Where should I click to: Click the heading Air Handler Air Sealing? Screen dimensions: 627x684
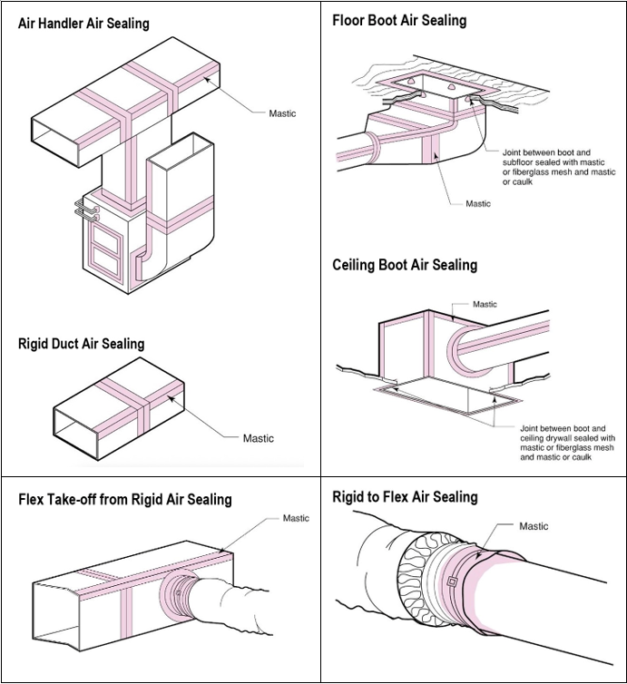[83, 23]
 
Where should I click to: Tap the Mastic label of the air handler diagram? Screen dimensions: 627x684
[282, 113]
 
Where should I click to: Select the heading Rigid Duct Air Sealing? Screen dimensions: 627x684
[81, 343]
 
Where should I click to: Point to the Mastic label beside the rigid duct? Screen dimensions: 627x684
[259, 438]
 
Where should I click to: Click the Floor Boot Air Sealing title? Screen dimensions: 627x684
[399, 21]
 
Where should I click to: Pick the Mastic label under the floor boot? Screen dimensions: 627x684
[478, 203]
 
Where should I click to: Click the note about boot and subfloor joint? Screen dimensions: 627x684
[559, 167]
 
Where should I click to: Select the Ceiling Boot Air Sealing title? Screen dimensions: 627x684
[405, 265]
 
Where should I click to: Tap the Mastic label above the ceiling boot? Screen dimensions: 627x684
[485, 304]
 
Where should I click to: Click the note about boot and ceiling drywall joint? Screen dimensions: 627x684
[568, 443]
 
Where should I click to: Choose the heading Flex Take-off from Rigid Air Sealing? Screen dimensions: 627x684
[125, 499]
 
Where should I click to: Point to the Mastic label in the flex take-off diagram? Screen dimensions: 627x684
[296, 518]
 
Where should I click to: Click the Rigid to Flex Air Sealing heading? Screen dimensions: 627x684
[405, 497]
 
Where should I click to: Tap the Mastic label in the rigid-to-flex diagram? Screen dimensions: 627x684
[534, 526]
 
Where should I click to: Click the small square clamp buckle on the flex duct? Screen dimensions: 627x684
[452, 581]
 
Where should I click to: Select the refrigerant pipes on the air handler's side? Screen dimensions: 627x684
[87, 209]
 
